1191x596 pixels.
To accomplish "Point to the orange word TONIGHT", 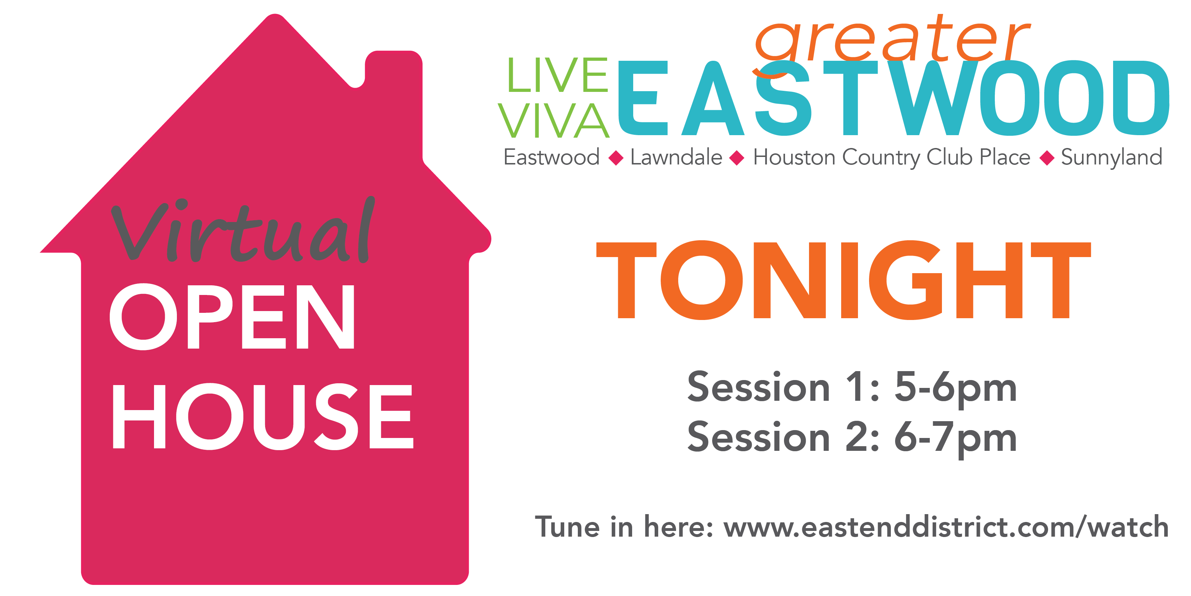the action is pos(844,280).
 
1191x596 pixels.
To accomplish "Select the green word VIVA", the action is pos(554,120).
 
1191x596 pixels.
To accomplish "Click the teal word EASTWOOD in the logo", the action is pos(894,98).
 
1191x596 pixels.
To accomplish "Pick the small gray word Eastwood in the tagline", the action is pos(552,157).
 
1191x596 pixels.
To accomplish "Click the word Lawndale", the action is pos(676,157).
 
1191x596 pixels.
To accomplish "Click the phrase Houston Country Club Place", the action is pos(892,158).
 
